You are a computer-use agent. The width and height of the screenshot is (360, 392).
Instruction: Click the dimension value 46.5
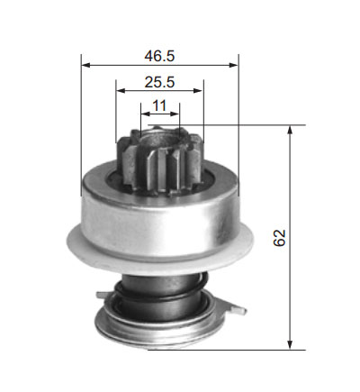point(159,56)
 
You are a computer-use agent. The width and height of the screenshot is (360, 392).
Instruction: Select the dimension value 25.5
point(159,82)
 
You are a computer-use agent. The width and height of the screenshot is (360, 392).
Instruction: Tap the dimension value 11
point(159,105)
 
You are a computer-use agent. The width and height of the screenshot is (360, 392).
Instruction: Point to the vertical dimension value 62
point(279,238)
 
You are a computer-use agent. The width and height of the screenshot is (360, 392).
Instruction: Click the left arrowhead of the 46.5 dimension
point(85,65)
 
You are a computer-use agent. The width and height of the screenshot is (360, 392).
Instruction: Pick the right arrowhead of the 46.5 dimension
point(233,65)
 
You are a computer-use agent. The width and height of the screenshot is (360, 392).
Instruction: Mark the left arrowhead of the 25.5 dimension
point(121,90)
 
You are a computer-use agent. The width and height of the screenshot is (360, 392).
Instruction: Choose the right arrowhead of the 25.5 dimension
point(199,90)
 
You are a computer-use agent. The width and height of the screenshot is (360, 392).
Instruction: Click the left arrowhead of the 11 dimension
point(145,114)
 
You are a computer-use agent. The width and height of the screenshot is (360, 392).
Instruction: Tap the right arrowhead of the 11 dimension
point(175,114)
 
